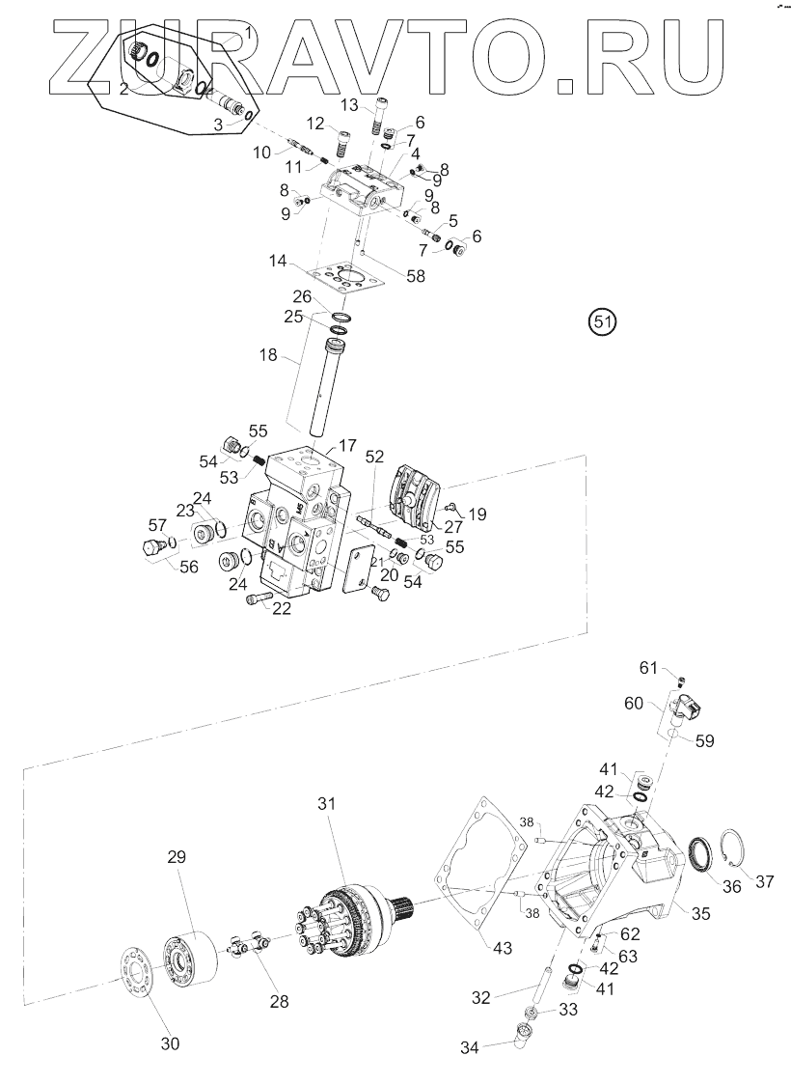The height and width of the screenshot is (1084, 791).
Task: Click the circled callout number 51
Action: pos(603,321)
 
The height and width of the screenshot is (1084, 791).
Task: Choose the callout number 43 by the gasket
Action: pos(501,948)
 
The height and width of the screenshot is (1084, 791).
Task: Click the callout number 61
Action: pos(650,668)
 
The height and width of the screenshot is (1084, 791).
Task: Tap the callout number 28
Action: pos(279,1002)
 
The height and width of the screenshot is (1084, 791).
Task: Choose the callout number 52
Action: pos(374,457)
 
